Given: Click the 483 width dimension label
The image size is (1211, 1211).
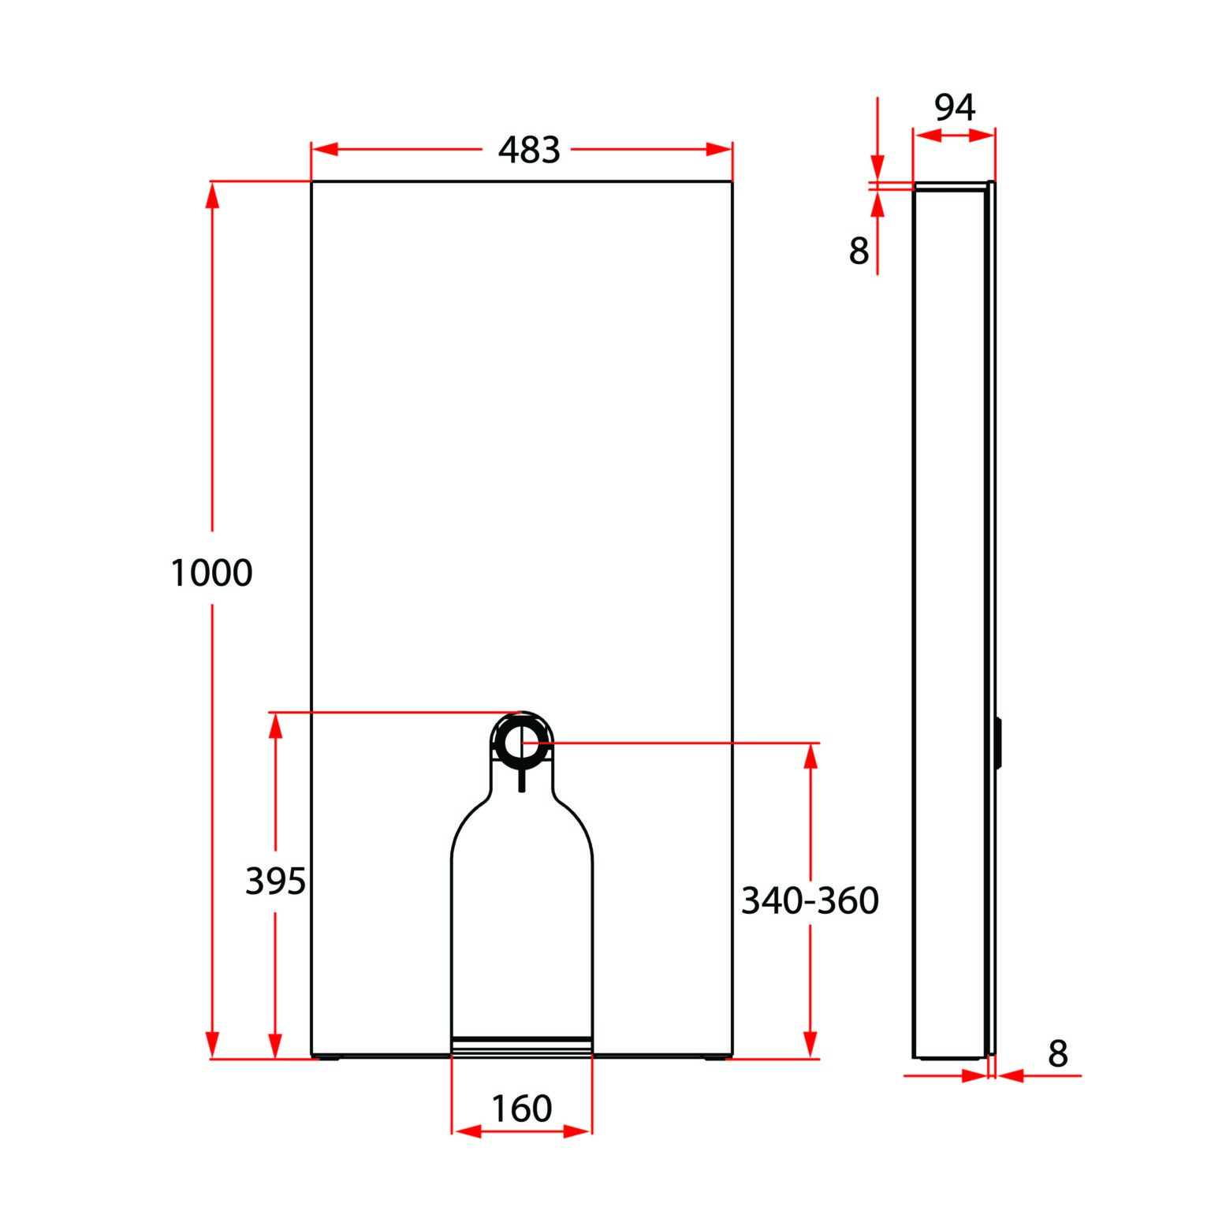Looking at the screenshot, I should coord(528,150).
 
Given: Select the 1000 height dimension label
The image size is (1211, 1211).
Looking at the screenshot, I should coord(211,572).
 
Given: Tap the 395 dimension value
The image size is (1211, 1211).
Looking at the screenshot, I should coord(275,881).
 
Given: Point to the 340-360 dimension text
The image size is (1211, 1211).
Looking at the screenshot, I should coord(810,900).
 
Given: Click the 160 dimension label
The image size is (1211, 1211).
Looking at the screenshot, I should coord(521,1109).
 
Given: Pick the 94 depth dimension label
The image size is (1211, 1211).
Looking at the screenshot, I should coord(954,107).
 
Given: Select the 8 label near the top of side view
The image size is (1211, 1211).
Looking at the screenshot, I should coord(859,252).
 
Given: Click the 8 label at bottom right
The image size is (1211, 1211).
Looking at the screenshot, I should coord(1057,1053).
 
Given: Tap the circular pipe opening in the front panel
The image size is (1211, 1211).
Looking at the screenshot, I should coord(521,742).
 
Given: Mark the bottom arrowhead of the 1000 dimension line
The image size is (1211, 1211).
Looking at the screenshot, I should coord(211,1045).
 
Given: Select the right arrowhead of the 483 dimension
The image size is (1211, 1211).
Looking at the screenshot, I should coord(719,150).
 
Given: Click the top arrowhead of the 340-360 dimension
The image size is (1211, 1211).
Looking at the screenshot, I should coord(810,755).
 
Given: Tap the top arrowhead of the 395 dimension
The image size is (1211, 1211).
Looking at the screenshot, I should coord(275,725).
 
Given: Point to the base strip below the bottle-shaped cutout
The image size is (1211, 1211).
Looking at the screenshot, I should coord(521,1045).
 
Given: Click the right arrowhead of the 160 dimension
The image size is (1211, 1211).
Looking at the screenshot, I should coord(578,1131).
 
